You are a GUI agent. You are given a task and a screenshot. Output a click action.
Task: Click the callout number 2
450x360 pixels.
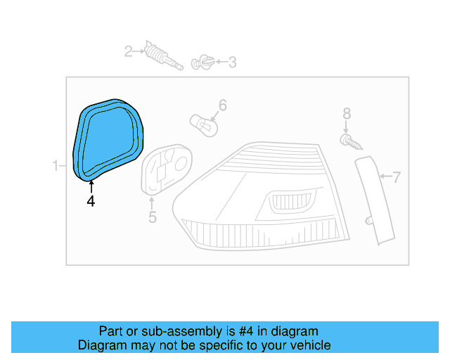pos(129,51)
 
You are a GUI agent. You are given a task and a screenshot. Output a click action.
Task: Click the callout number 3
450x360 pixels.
pos(232,63)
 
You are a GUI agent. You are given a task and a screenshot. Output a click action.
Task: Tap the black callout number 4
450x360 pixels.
pos(91,201)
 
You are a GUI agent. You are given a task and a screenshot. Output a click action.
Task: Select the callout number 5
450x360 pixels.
pos(153,217)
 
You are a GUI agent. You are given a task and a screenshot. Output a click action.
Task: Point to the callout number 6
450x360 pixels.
pos(222,105)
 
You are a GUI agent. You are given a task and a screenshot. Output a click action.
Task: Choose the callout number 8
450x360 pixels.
pos(346,112)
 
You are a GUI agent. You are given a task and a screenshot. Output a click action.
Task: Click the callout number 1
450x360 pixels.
pos(56,166)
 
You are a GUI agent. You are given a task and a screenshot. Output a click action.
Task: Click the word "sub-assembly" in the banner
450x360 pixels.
pos(167,331)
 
